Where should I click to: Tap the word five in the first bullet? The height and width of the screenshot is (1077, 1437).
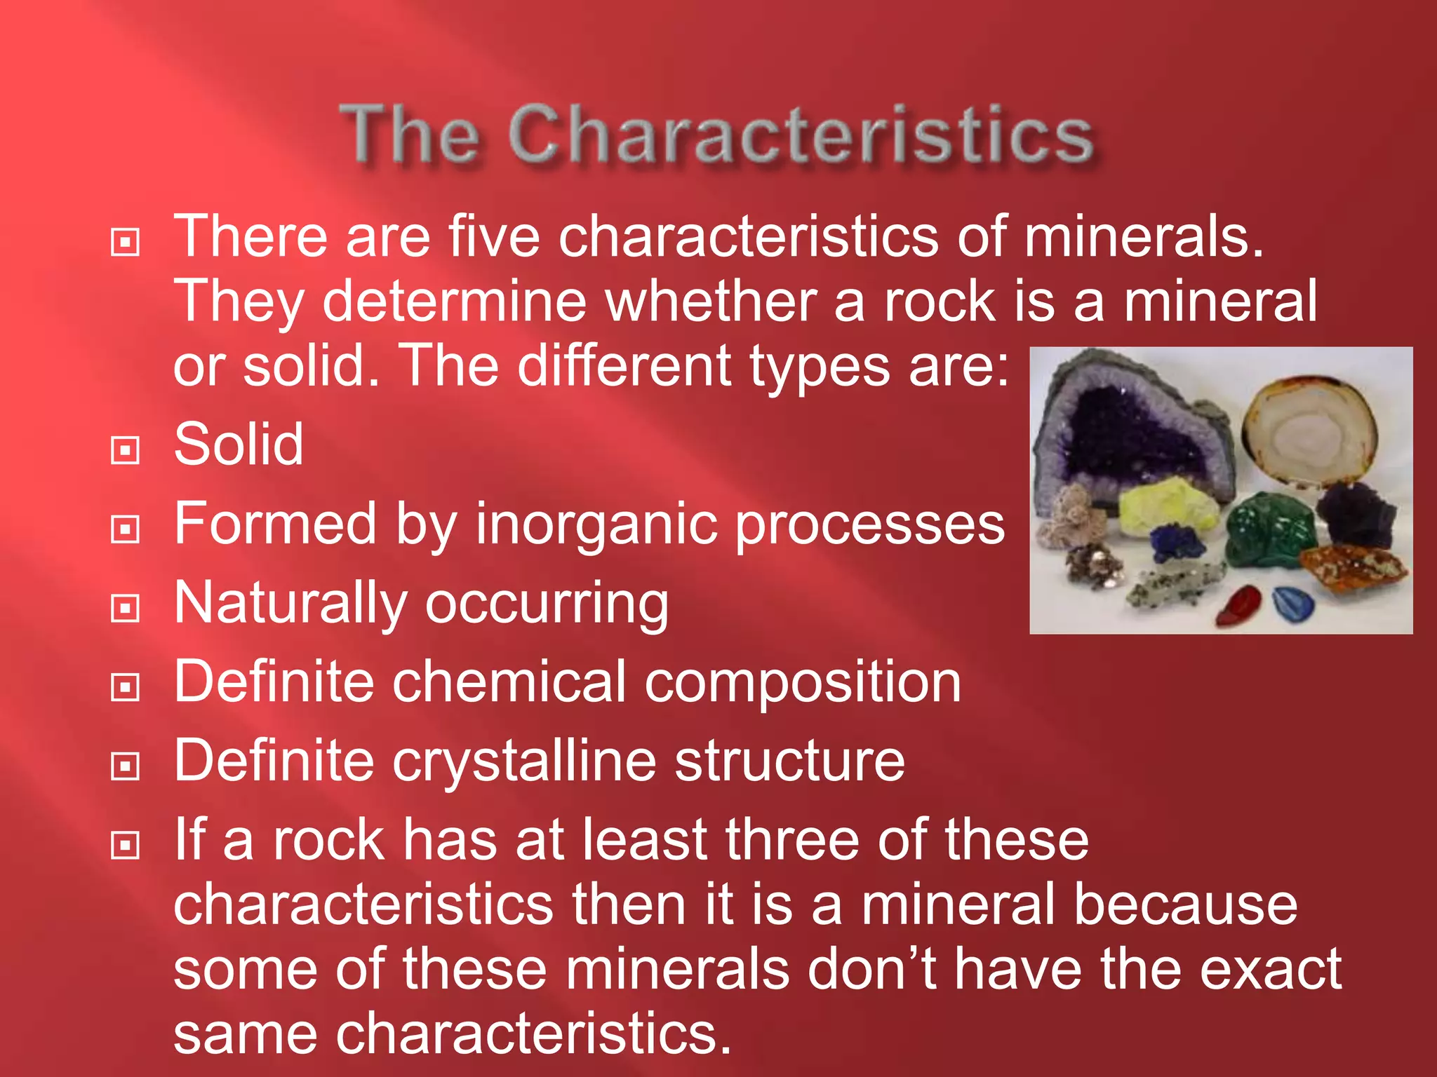tap(494, 236)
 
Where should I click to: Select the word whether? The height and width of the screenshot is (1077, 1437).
tap(711, 302)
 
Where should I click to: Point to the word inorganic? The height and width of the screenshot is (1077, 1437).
tap(595, 523)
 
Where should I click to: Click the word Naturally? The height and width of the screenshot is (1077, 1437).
tap(290, 603)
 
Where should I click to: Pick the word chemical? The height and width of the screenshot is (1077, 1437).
tap(509, 682)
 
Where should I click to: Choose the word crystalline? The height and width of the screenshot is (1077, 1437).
tap(524, 761)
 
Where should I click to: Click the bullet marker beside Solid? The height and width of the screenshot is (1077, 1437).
tap(126, 449)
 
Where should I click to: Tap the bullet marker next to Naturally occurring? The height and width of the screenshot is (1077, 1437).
tap(126, 607)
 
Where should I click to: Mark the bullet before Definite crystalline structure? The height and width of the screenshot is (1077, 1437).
tap(126, 766)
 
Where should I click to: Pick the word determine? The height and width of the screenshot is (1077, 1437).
tap(454, 302)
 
